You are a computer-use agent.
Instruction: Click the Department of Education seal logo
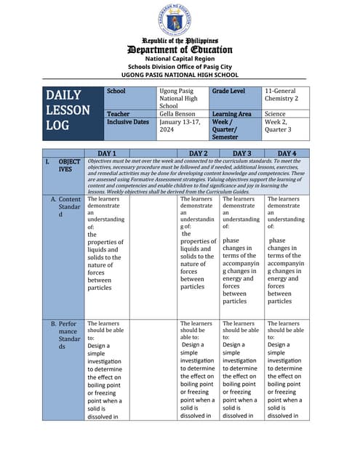tap(179, 20)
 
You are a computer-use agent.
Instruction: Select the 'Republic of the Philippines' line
tap(179, 41)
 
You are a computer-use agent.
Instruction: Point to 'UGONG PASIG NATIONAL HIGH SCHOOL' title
tap(179, 74)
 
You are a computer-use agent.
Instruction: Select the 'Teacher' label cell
tap(119, 114)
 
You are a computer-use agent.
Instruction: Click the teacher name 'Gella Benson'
tap(178, 114)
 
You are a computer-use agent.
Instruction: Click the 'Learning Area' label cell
tap(232, 114)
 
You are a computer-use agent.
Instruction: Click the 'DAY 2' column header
tap(198, 153)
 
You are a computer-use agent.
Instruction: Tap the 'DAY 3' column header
tap(241, 153)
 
